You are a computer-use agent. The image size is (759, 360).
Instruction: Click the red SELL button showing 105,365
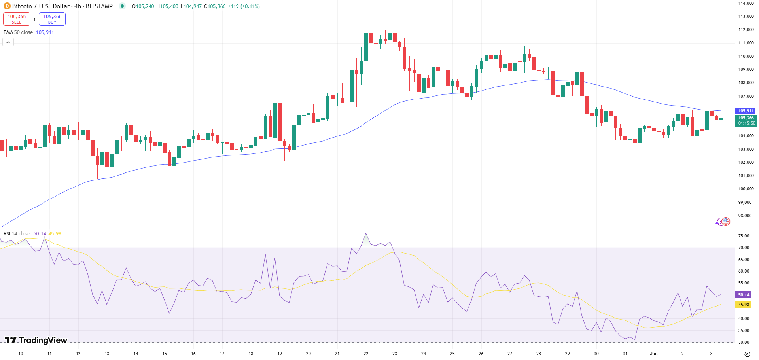tap(17, 19)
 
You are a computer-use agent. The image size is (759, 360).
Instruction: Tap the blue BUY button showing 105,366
tap(52, 19)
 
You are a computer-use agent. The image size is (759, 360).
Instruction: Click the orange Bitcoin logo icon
tap(7, 6)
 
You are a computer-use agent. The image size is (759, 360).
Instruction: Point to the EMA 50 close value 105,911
tap(45, 32)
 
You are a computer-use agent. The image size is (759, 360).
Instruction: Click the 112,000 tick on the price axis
tap(746, 30)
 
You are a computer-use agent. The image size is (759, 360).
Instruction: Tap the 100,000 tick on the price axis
tap(746, 189)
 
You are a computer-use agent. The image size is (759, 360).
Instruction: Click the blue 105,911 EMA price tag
tap(746, 111)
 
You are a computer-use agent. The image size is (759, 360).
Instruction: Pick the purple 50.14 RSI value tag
tap(744, 295)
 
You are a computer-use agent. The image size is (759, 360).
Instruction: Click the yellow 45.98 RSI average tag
tap(744, 305)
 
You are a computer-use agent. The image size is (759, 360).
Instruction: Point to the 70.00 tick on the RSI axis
tap(744, 248)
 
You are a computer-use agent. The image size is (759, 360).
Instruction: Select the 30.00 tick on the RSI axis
tap(744, 342)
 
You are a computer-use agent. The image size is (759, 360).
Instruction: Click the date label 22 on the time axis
tap(366, 354)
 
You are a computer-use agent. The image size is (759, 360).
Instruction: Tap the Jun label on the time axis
tap(654, 354)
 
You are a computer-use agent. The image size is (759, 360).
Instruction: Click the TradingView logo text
tap(36, 340)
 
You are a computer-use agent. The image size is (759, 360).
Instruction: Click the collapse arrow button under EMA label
tap(8, 42)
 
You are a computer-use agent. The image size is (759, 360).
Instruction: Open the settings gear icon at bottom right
tap(747, 354)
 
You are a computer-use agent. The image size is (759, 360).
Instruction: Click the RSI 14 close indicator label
tap(17, 234)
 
